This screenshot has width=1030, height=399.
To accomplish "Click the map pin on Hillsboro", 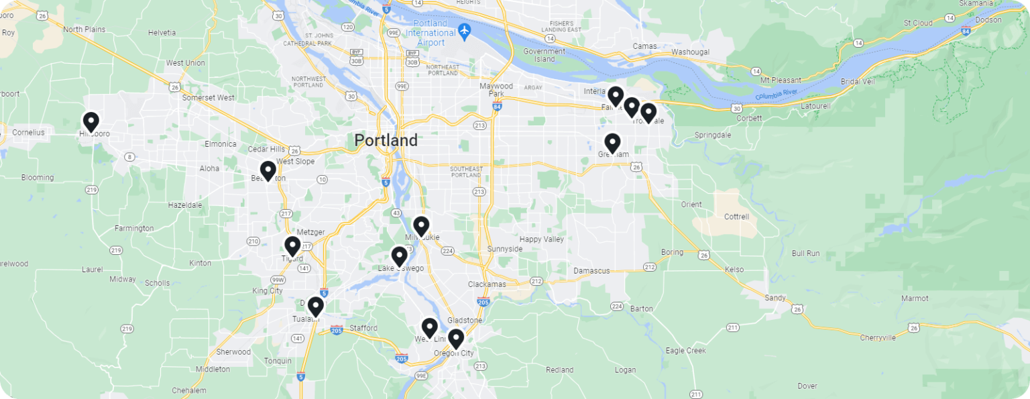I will pos(91,122).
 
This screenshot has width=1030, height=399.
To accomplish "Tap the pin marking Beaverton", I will pos(268,171).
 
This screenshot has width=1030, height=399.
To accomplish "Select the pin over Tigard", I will pos(292,247).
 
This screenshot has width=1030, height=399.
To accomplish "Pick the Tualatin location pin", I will pos(315,307).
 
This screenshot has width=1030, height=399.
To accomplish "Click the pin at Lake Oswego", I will pos(399,256).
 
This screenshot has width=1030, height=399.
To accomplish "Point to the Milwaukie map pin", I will pos(421,227).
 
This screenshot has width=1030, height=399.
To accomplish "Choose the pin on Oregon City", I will pos(455,339).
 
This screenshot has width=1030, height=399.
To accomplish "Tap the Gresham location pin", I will pos(612,143).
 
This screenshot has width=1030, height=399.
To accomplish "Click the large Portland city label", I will pos(386,141).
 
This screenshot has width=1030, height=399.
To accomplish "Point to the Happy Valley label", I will pos(542,239).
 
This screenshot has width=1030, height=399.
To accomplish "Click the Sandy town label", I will pos(775,298).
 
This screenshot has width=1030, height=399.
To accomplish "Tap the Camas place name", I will pos(645,46).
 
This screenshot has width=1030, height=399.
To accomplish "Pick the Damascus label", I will pos(591,271).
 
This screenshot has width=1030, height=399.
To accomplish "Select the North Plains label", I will pos(85,30).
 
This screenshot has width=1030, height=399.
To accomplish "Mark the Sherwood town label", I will pos(233,352).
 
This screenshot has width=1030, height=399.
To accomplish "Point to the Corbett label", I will pos(748,118).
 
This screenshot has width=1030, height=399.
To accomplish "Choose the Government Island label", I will pos(545,55).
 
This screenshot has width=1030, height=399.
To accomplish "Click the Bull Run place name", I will pos(805,253).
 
